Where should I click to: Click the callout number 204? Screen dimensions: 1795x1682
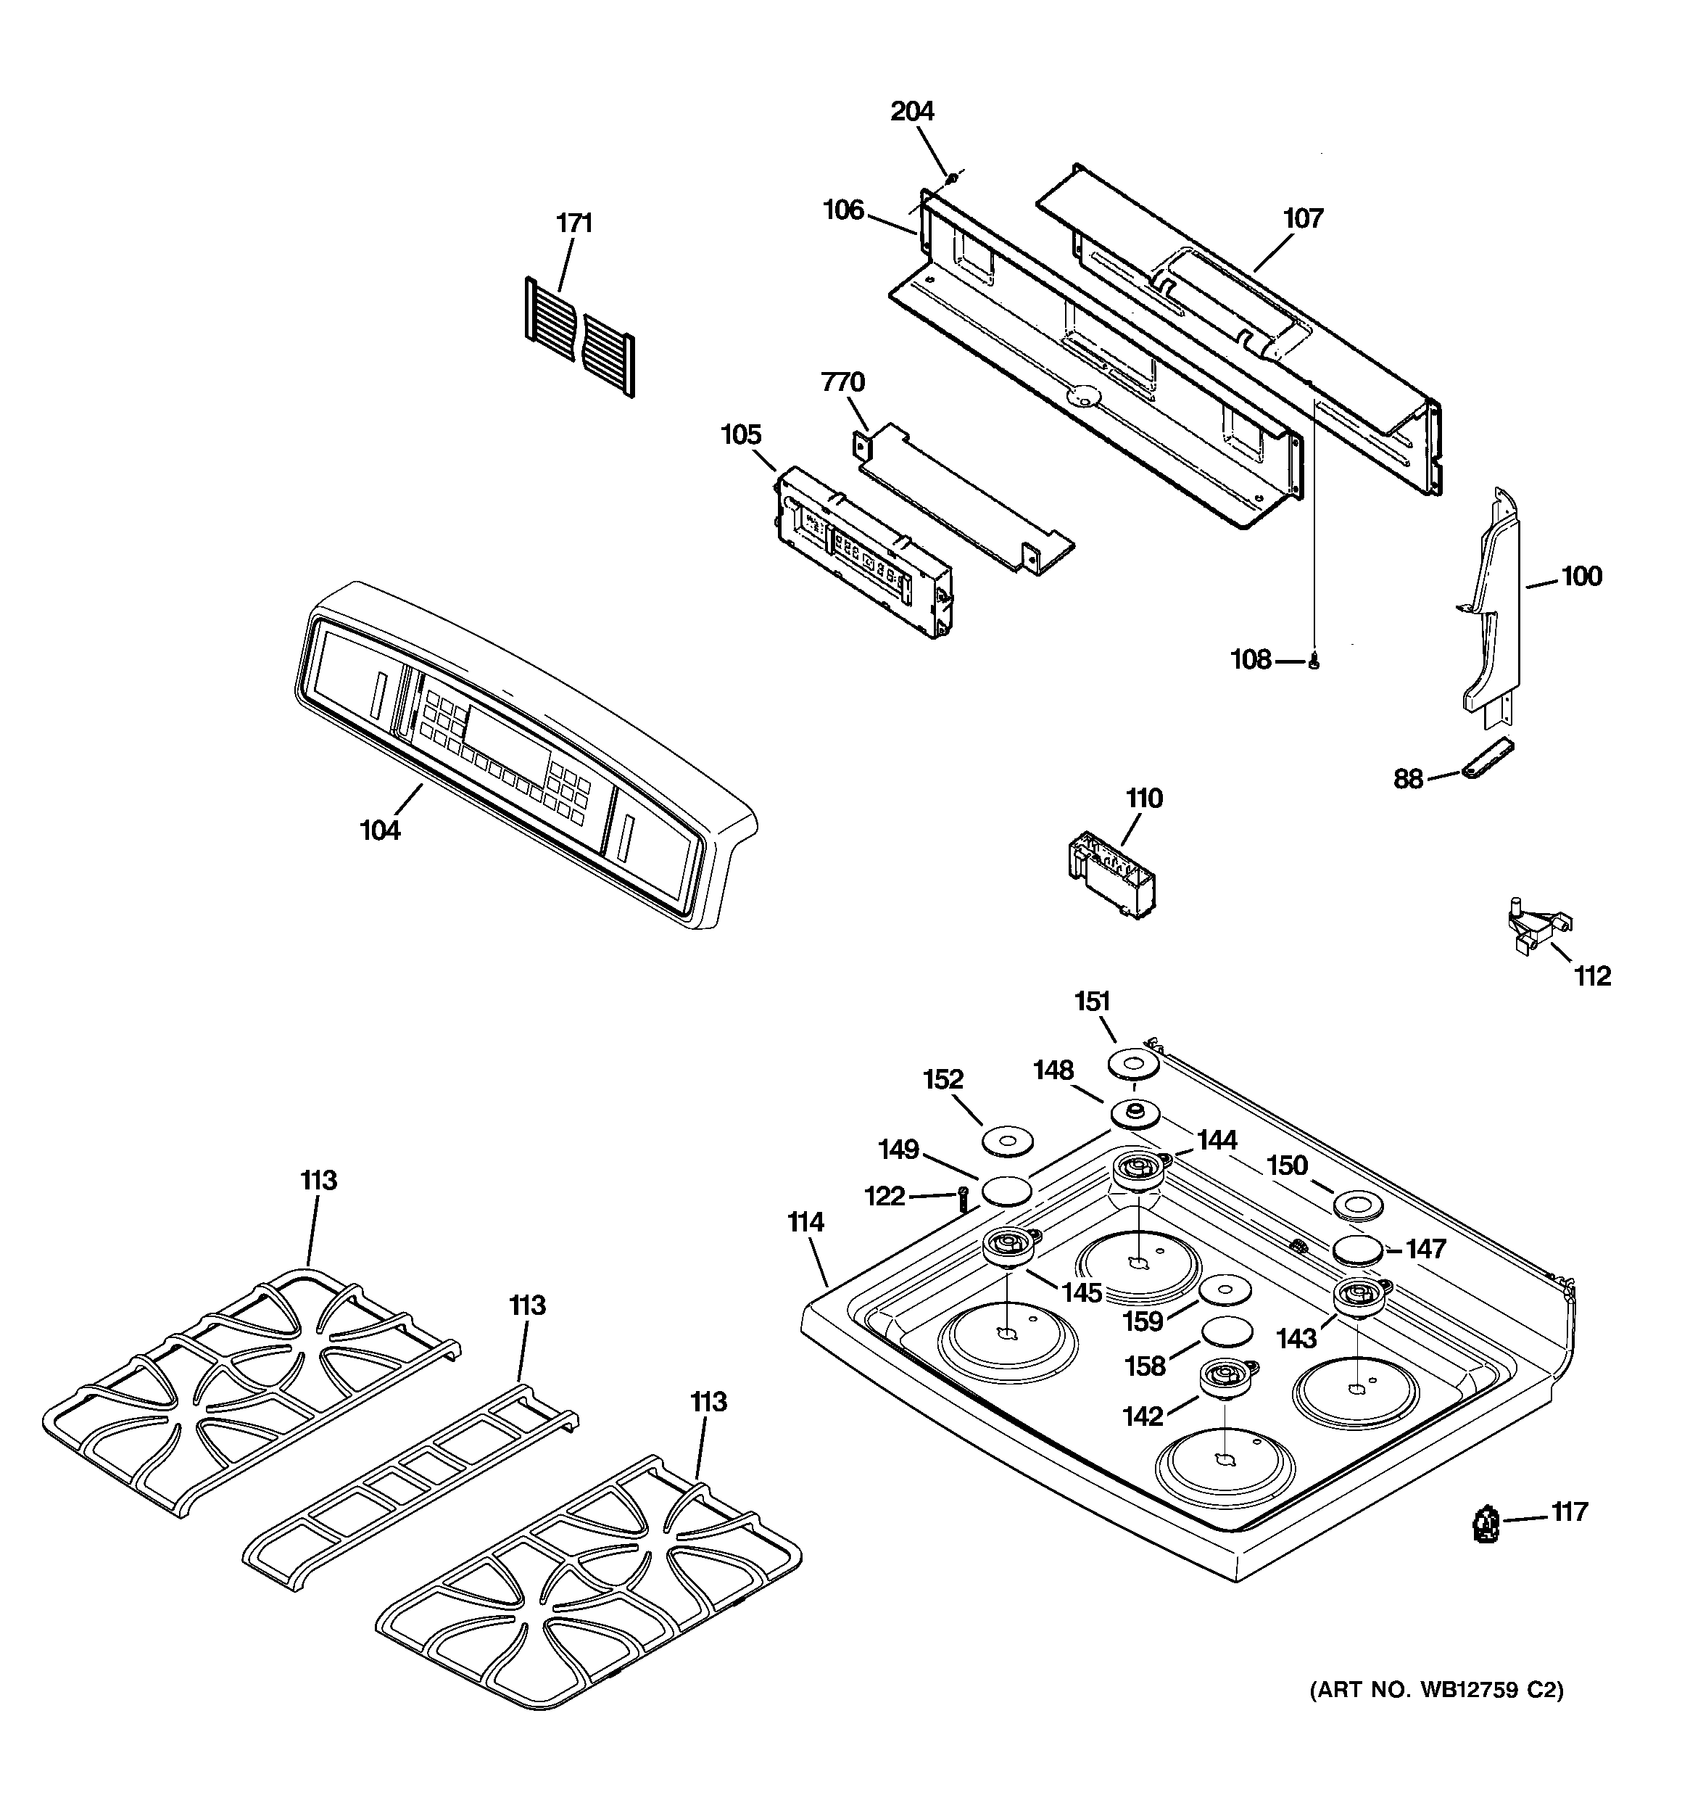pyautogui.click(x=912, y=111)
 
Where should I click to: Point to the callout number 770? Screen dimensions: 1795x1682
pyautogui.click(x=842, y=383)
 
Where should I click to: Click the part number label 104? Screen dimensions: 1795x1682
pyautogui.click(x=380, y=830)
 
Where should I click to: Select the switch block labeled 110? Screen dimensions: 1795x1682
pyautogui.click(x=1109, y=873)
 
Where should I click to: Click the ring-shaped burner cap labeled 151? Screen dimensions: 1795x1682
pyautogui.click(x=1133, y=1062)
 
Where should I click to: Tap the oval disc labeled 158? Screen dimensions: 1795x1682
pyautogui.click(x=1227, y=1331)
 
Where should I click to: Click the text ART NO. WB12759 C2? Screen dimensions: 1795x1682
pyautogui.click(x=1435, y=1689)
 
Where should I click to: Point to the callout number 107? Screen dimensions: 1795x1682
pyautogui.click(x=1303, y=218)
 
